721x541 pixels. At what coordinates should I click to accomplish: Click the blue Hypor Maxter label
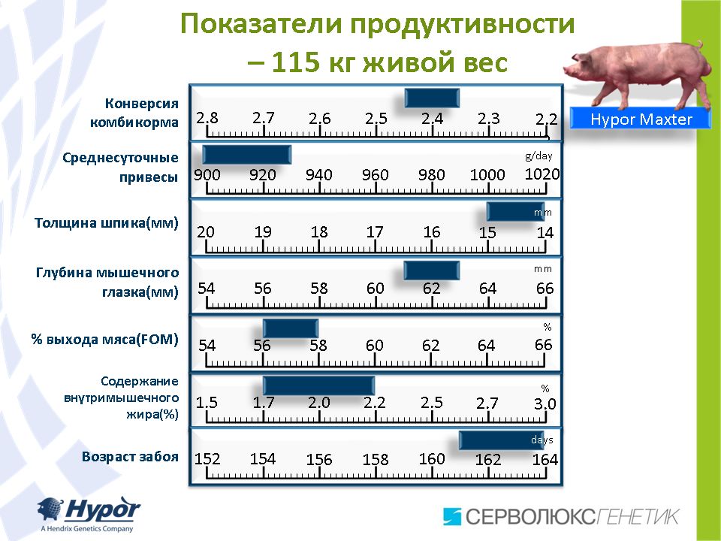(641, 119)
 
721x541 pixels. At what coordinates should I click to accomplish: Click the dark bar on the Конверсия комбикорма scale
(432, 98)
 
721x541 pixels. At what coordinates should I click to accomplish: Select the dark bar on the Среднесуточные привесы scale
(247, 155)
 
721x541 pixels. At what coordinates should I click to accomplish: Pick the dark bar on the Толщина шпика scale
(515, 212)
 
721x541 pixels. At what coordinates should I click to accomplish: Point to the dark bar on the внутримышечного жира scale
(318, 385)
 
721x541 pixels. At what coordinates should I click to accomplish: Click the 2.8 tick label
(207, 118)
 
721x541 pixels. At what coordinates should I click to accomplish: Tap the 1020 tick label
(542, 174)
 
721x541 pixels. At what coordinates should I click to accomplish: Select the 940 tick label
(319, 175)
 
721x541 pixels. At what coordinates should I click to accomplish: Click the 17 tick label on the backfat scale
(375, 231)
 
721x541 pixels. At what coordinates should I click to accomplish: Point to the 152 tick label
(207, 458)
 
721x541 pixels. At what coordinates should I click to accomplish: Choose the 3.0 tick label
(545, 404)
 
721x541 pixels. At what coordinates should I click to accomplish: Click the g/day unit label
(538, 156)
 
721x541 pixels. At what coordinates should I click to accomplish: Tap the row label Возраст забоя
(130, 456)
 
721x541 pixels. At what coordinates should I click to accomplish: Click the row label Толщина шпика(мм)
(107, 223)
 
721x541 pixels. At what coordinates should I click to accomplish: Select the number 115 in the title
(295, 62)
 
